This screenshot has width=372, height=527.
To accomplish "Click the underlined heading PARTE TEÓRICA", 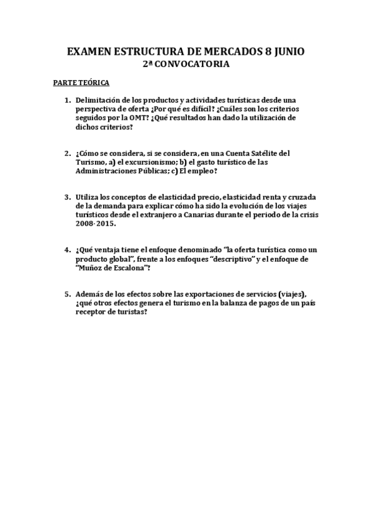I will (x=81, y=83).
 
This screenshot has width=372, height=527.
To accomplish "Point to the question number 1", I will (x=67, y=100).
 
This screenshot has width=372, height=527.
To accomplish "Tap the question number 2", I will (x=67, y=153).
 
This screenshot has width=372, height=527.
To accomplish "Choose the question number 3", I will (x=67, y=197).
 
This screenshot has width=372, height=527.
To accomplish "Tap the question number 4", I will (x=67, y=250).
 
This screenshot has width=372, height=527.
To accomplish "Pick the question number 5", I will (x=67, y=294).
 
